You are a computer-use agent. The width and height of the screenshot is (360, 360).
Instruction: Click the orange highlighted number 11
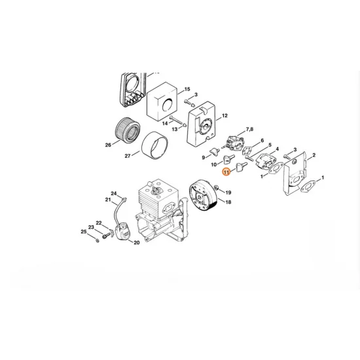point(226,172)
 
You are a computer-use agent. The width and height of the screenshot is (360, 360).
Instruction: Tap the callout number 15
point(187,88)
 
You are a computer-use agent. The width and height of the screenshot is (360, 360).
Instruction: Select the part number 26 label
point(108,145)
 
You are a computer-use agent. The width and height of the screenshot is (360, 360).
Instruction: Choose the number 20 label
point(136,243)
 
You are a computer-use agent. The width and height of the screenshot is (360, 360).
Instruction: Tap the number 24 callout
point(114,193)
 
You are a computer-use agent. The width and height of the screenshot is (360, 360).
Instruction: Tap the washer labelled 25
point(97,240)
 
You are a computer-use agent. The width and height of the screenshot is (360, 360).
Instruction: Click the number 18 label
point(228,203)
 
